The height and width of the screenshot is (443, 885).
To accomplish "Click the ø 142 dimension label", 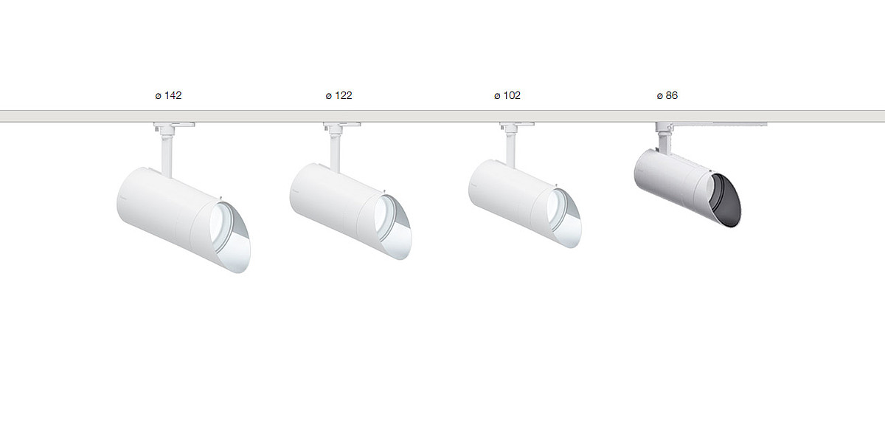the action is click(x=168, y=96).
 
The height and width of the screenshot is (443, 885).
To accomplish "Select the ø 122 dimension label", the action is click(x=339, y=96).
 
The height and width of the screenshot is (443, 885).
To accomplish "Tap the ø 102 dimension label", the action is click(x=507, y=96).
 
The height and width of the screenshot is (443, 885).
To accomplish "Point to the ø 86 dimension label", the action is click(x=667, y=96).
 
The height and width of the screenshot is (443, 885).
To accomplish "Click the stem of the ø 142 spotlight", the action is click(x=167, y=155).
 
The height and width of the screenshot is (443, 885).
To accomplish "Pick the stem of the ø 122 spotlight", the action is click(x=336, y=153).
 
